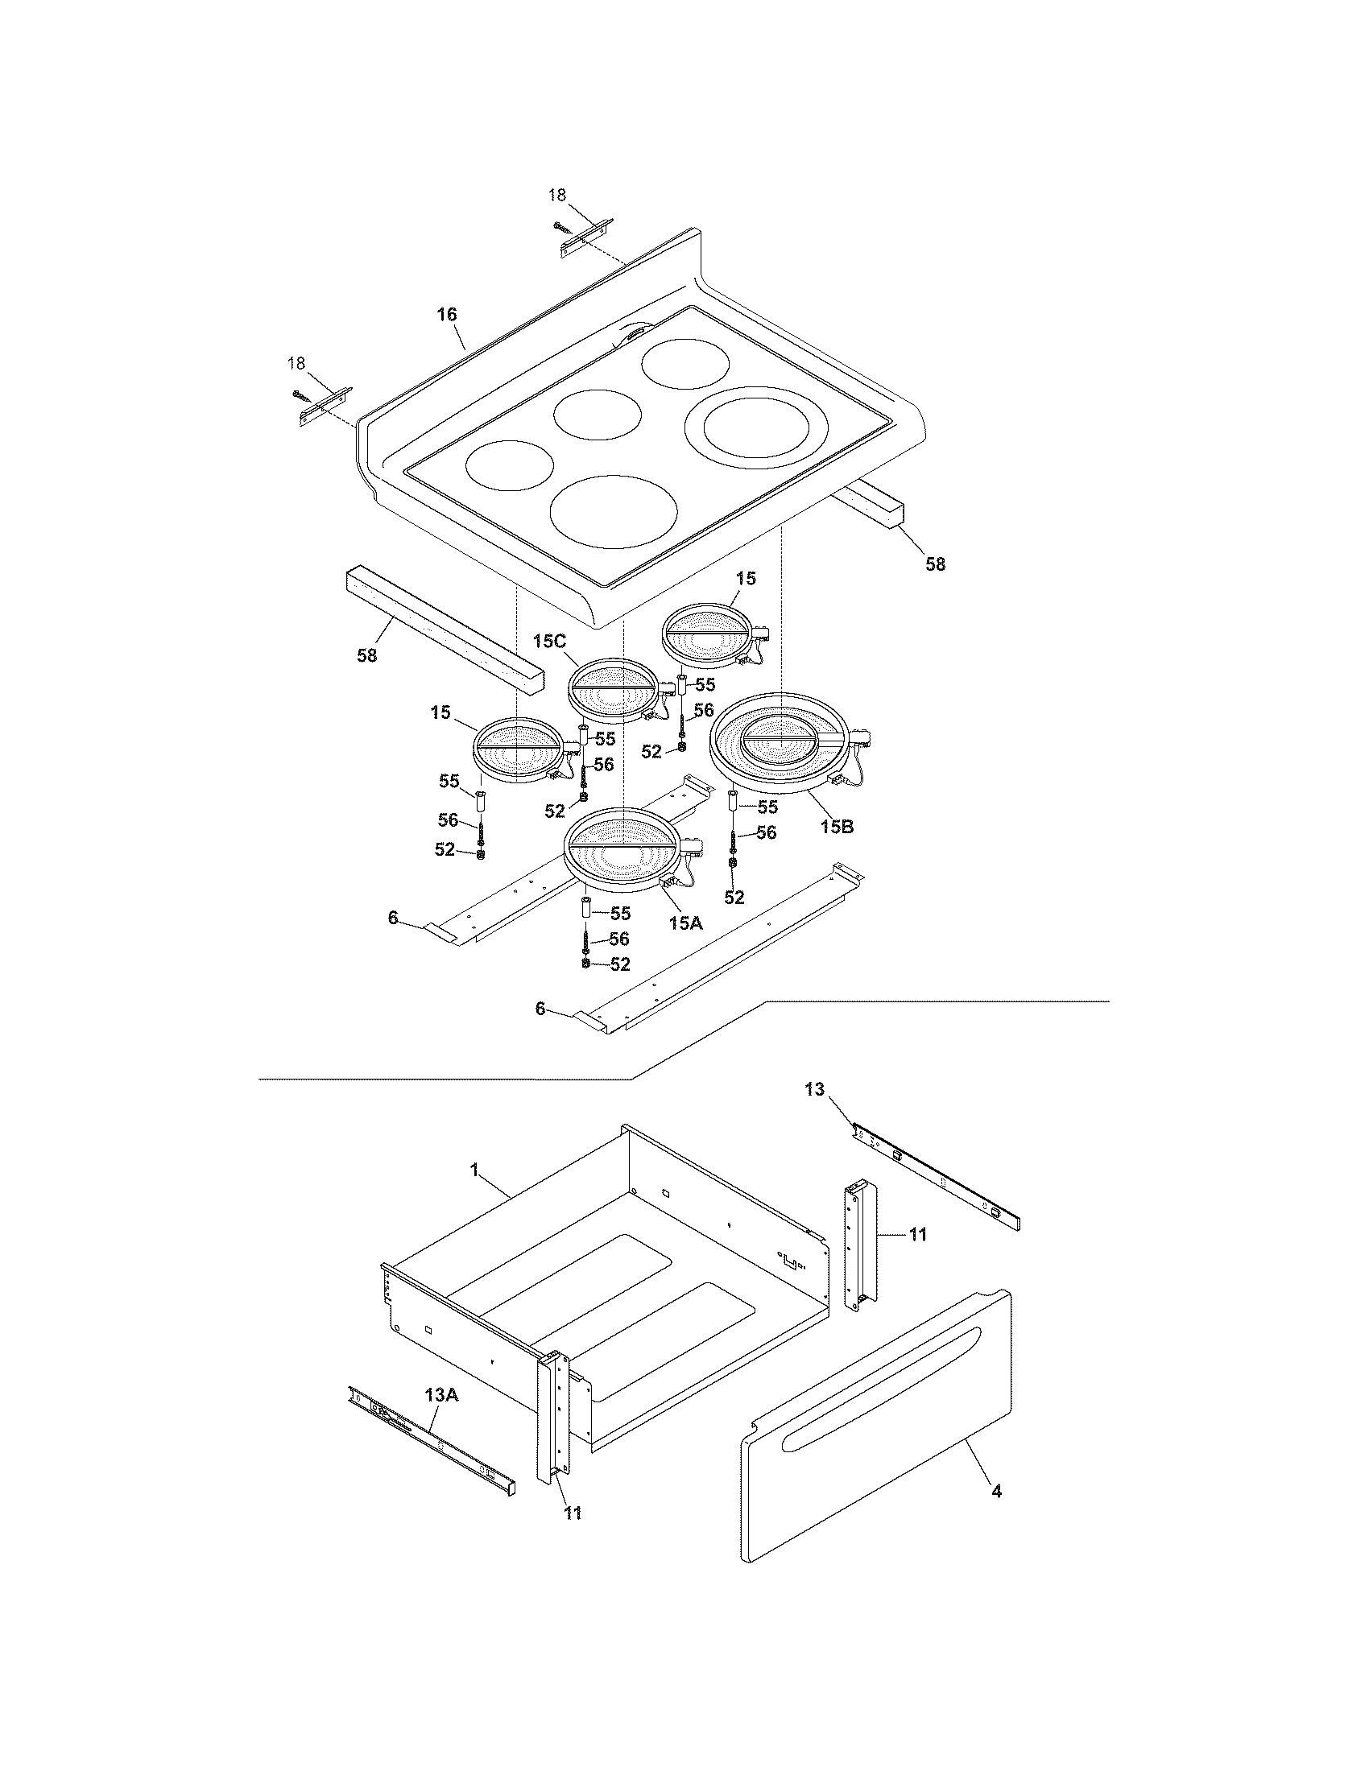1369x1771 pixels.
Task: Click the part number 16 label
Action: [448, 314]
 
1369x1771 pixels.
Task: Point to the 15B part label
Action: [838, 827]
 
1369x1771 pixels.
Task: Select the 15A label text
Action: [685, 922]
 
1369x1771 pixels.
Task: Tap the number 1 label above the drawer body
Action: [474, 1170]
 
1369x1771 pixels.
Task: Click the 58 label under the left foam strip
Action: [367, 655]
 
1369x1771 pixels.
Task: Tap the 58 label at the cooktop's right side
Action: [936, 564]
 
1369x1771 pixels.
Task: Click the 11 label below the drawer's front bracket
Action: [573, 1513]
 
